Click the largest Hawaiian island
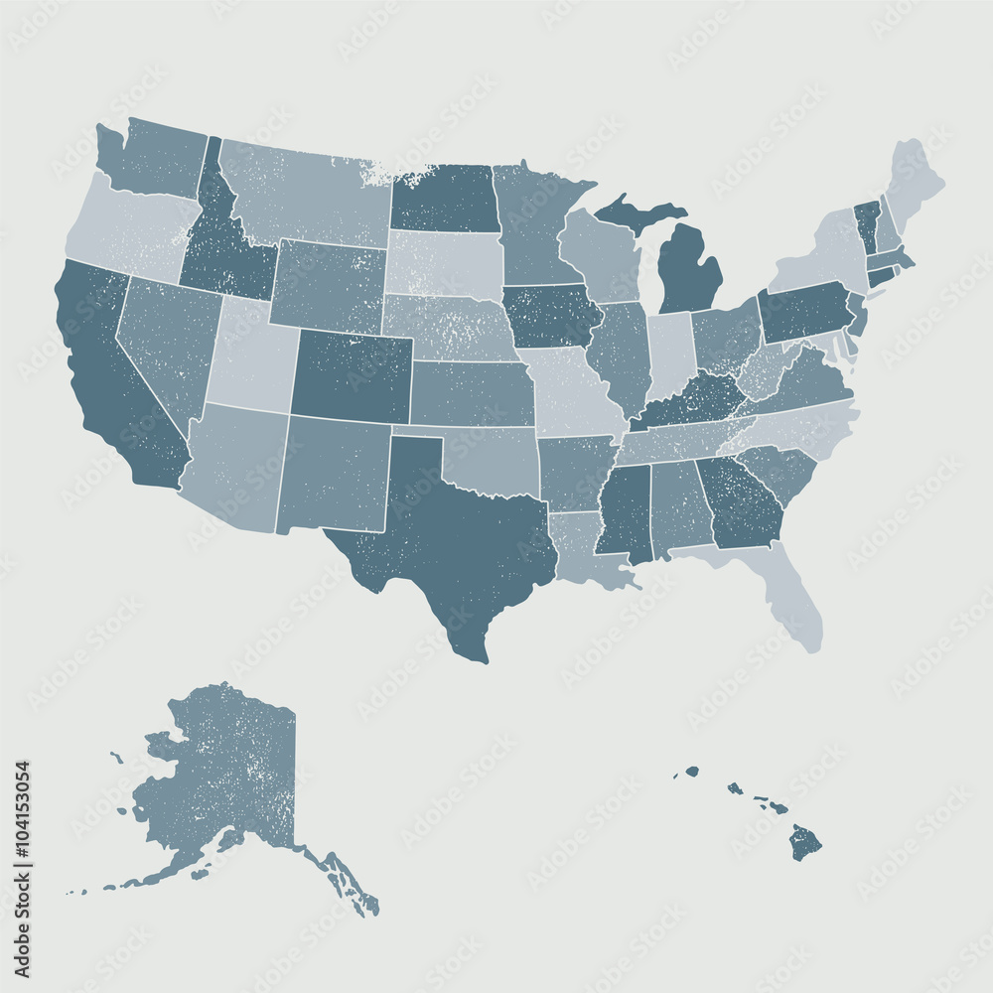[805, 844]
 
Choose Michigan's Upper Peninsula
[636, 212]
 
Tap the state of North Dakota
[444, 199]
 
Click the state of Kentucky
[690, 401]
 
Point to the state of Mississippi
[626, 511]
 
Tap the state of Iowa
[551, 316]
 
